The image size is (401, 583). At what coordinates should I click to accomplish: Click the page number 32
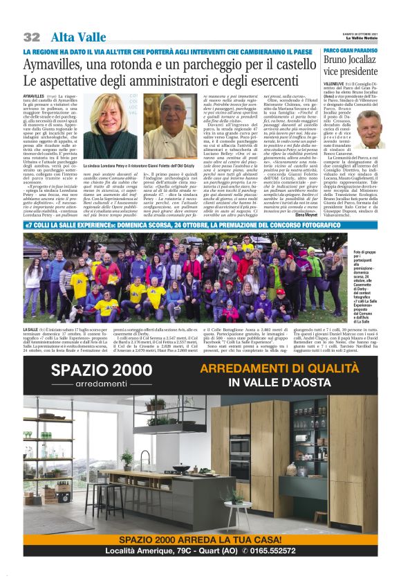pyautogui.click(x=32, y=37)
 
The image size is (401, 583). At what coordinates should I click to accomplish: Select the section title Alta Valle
pyautogui.click(x=77, y=37)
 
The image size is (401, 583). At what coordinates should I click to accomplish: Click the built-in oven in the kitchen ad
pyautogui.click(x=314, y=458)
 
